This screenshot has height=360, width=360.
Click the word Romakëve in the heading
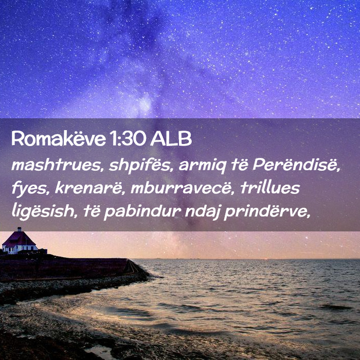click(59, 139)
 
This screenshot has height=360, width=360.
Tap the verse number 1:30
click(128, 139)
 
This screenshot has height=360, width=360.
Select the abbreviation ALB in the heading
click(171, 139)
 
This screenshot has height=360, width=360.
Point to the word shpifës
click(140, 166)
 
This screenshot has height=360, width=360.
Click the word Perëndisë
click(296, 165)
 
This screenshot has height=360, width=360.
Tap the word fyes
click(30, 189)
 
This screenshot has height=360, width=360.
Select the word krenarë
click(89, 188)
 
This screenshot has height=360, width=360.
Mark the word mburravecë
click(183, 188)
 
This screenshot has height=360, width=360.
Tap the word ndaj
click(202, 211)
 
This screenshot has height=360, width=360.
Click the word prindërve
click(267, 211)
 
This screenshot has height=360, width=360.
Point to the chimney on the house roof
click(20, 229)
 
